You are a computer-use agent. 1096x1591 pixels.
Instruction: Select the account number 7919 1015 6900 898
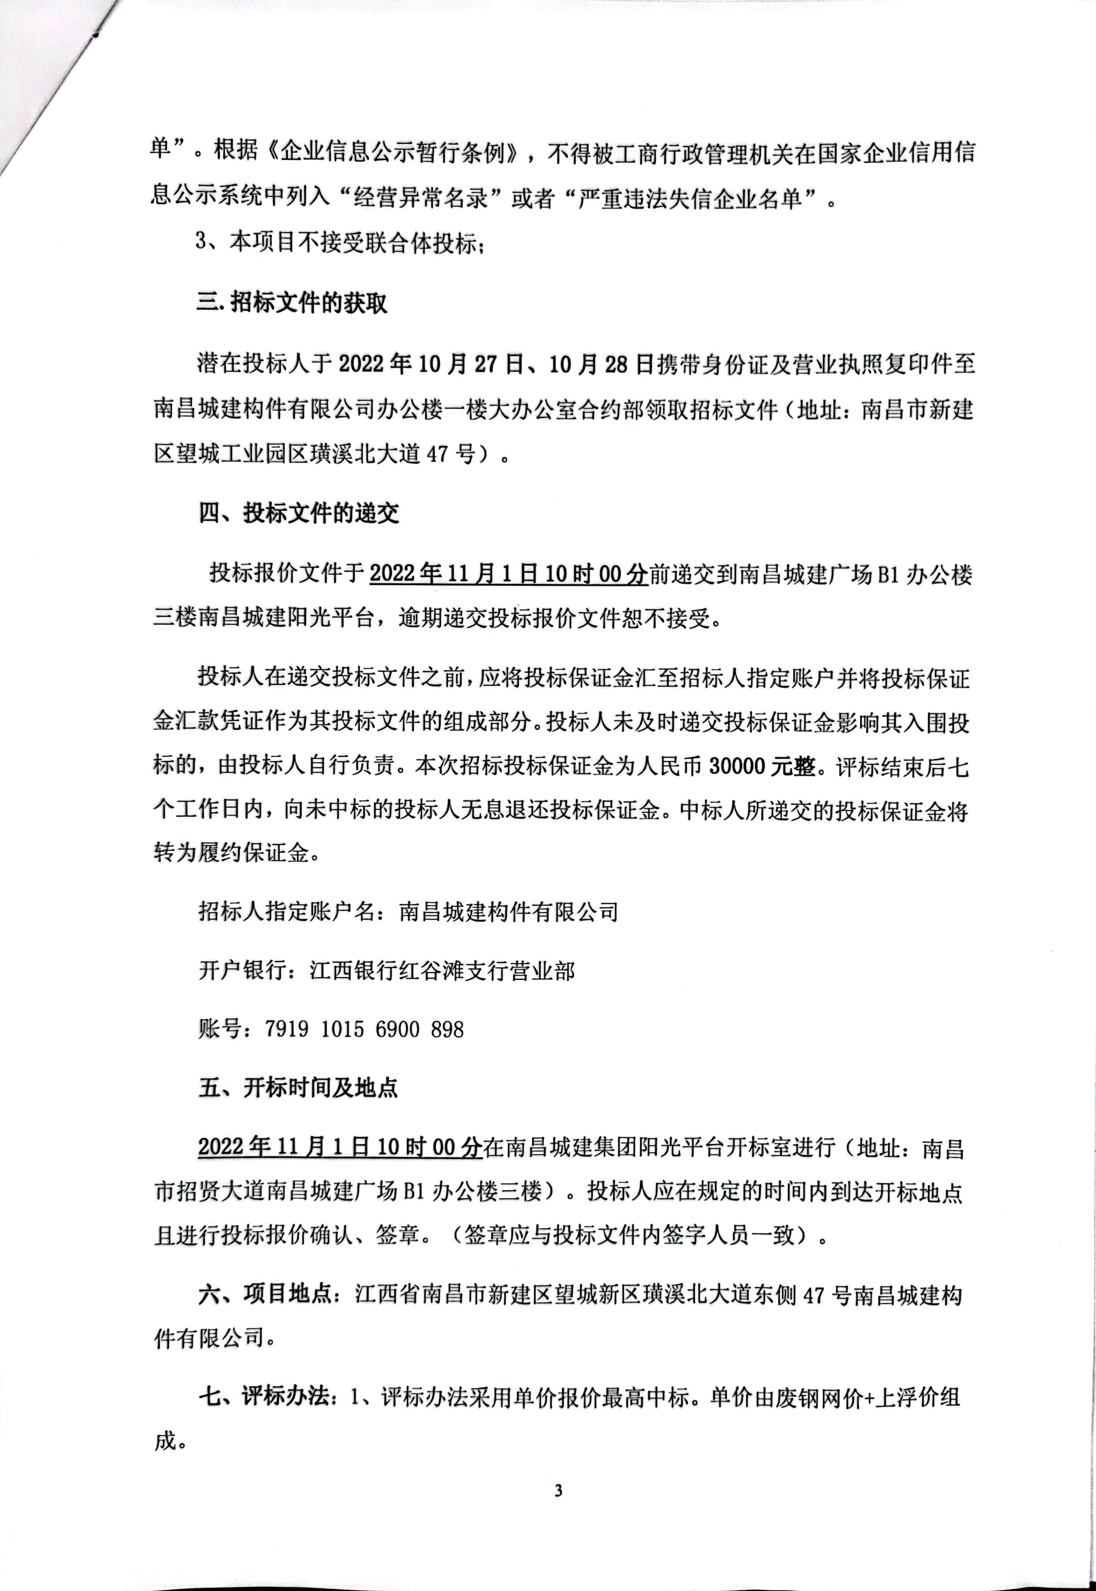[364, 1029]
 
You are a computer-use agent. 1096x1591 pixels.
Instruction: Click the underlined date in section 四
[508, 573]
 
